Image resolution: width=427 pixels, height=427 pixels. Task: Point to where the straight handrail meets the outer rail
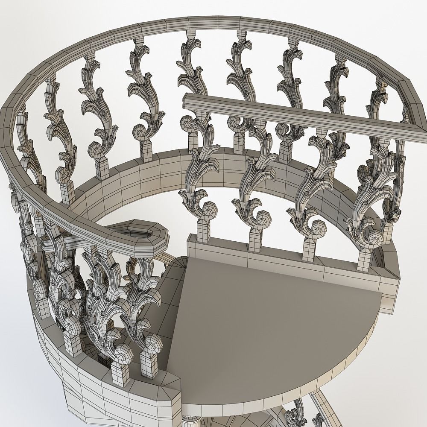408,128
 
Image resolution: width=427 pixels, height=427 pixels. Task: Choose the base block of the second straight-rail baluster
255,239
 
